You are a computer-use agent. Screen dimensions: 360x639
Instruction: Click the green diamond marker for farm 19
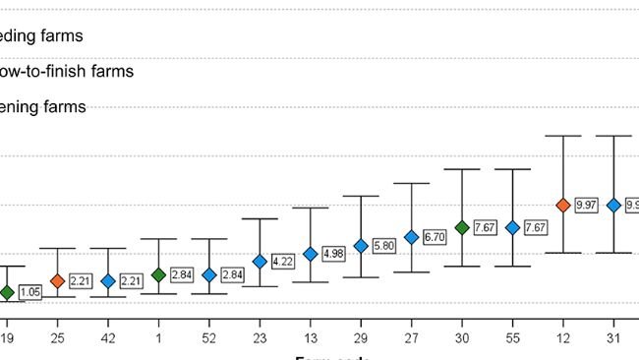7,292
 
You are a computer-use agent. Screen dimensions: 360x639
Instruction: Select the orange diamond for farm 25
57,281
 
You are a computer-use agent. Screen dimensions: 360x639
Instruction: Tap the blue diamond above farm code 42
108,281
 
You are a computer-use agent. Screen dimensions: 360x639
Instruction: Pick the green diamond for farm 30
462,227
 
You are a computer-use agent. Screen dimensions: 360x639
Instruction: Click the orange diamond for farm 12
563,205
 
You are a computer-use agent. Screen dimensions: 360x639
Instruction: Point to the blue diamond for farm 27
411,237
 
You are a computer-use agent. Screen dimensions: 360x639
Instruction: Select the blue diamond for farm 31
613,205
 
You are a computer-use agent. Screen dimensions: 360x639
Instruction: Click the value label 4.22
284,262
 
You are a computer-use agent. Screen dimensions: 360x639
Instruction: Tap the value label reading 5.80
385,245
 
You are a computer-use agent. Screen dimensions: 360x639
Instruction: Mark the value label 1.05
30,292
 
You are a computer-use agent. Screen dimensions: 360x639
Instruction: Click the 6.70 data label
436,237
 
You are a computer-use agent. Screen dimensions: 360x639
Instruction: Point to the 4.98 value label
334,254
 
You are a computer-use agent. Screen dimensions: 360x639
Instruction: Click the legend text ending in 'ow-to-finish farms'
66,71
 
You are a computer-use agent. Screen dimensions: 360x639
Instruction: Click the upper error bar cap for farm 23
260,218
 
